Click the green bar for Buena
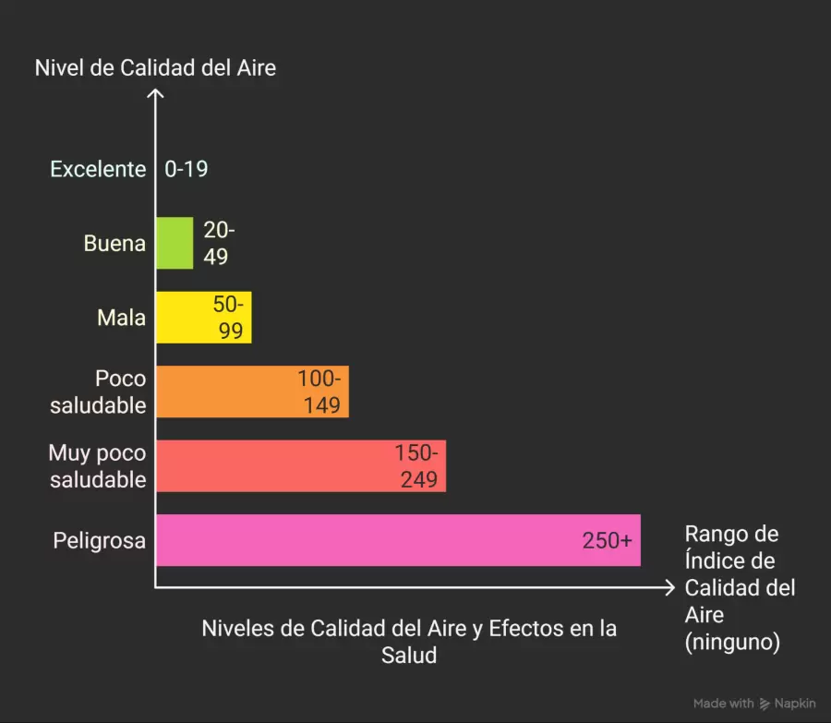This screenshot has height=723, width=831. [174, 243]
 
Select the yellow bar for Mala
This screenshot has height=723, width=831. [185, 318]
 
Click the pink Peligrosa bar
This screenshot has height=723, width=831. [369, 540]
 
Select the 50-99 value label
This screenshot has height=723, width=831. [230, 318]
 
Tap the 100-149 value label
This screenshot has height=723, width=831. [319, 392]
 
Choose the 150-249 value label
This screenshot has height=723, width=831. [416, 465]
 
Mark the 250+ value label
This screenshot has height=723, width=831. [607, 540]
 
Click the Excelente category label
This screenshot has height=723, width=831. [98, 169]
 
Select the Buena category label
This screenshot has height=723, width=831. [114, 244]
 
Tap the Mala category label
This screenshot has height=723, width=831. [122, 318]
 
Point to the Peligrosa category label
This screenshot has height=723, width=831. [100, 540]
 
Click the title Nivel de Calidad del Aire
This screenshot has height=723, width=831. [155, 67]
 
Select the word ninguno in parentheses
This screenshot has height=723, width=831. [733, 641]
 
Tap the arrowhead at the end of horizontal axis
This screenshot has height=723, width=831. [670, 587]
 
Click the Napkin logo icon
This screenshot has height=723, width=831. [765, 704]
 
